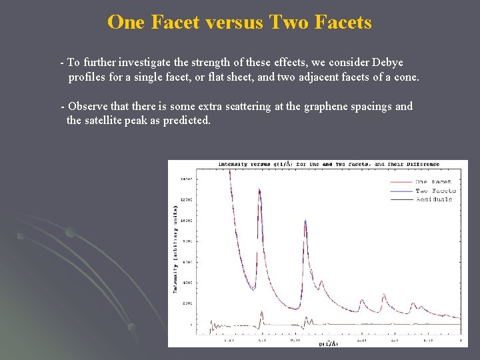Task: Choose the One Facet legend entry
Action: [433, 182]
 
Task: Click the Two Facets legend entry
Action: [435, 191]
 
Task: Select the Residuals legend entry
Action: [434, 199]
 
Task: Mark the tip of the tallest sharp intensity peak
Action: [259, 189]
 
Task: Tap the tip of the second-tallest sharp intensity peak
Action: [305, 221]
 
